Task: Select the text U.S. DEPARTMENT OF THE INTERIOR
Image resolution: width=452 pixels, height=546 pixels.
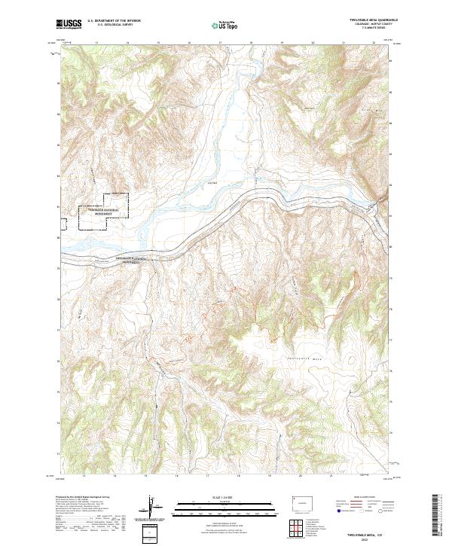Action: pyautogui.click(x=112, y=22)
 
